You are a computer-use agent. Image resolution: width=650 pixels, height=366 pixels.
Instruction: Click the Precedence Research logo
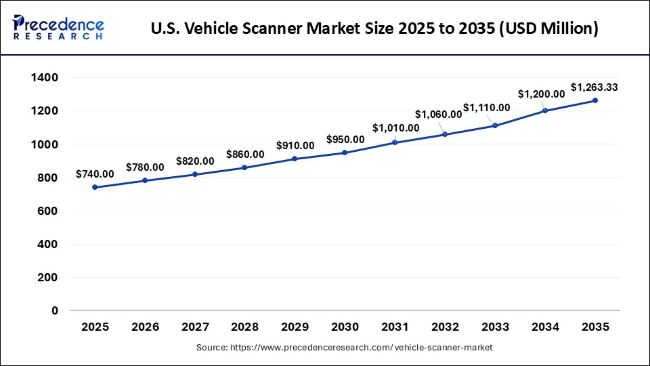point(58,28)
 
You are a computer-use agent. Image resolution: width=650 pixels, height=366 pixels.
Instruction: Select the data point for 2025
point(95,187)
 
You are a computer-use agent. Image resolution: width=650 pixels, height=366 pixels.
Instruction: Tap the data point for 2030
point(345,152)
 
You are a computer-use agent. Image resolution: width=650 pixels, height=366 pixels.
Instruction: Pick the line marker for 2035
point(595,100)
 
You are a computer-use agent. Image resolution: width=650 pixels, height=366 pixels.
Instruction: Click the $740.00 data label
point(95,174)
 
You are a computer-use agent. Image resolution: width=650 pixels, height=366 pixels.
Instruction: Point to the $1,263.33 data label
point(594,87)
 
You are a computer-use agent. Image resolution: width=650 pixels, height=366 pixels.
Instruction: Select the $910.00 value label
point(295,145)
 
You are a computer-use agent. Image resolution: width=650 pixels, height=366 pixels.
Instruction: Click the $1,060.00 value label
point(438,114)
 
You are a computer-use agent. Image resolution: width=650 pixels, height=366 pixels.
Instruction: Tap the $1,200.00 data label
point(541,94)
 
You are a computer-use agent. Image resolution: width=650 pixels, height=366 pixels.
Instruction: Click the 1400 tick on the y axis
point(45,78)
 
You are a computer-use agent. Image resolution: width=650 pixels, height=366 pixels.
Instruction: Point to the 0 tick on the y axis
point(55,311)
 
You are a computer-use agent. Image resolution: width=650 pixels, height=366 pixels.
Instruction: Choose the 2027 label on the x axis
point(195,327)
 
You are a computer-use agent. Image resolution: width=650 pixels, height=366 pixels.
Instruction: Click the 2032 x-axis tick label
point(445,327)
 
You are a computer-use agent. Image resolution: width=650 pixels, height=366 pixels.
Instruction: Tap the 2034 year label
point(545,327)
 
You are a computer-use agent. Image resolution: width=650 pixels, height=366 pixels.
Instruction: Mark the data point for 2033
point(495,125)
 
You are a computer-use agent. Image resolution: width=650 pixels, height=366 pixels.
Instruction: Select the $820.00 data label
point(195,161)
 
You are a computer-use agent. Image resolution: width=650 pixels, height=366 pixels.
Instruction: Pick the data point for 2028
point(244,167)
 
